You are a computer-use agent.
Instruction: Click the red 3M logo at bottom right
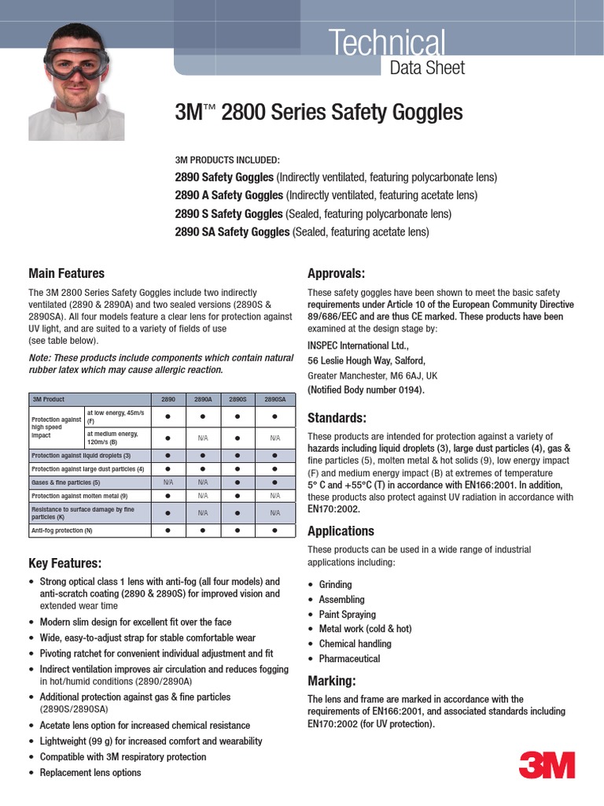547,765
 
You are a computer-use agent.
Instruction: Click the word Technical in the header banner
388,43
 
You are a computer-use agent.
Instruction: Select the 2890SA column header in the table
275,399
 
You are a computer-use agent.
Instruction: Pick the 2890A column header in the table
203,399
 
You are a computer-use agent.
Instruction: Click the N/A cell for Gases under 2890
168,482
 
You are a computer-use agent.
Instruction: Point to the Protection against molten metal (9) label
79,496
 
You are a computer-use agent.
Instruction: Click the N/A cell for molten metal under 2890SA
275,496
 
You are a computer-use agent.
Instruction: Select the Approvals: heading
336,273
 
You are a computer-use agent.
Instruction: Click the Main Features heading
66,273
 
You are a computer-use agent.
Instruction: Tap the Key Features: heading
64,564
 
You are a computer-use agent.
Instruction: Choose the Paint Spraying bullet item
347,614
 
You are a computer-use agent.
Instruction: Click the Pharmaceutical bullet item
349,659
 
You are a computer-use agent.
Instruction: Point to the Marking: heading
331,680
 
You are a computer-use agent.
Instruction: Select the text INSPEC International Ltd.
358,346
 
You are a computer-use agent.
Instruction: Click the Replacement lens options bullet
90,772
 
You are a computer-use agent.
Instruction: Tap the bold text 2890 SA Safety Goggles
232,231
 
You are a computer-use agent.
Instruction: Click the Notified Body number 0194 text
366,390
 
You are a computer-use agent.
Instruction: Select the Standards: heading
337,417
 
